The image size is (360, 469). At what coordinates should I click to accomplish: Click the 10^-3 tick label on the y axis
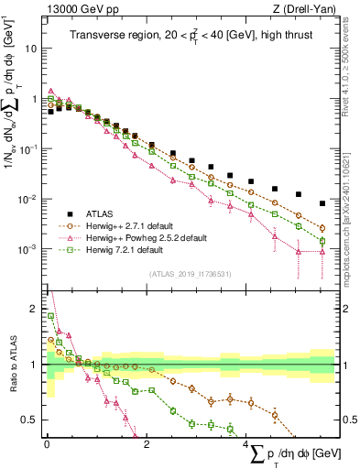[31, 250]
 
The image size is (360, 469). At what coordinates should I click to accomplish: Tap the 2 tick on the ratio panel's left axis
[37, 309]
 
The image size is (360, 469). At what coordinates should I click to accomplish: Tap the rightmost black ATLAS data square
[322, 203]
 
